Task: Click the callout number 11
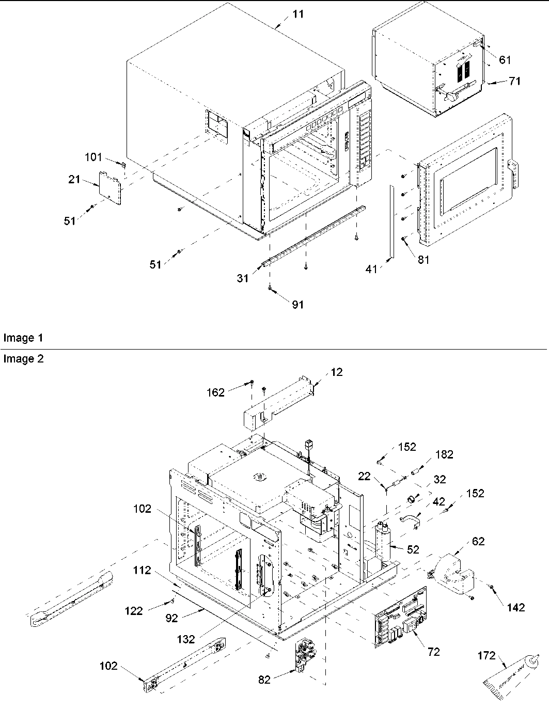(299, 14)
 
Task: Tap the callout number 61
(505, 60)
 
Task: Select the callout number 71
(514, 81)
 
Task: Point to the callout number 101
(94, 157)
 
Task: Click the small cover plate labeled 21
(109, 188)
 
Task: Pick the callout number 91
(298, 305)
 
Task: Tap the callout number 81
(423, 260)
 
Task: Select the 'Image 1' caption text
(23, 338)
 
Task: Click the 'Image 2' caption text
(23, 359)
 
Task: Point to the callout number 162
(215, 392)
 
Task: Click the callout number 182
(444, 454)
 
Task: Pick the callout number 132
(186, 639)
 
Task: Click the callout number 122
(134, 611)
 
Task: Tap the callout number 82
(264, 680)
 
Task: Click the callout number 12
(337, 372)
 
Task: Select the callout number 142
(515, 607)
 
